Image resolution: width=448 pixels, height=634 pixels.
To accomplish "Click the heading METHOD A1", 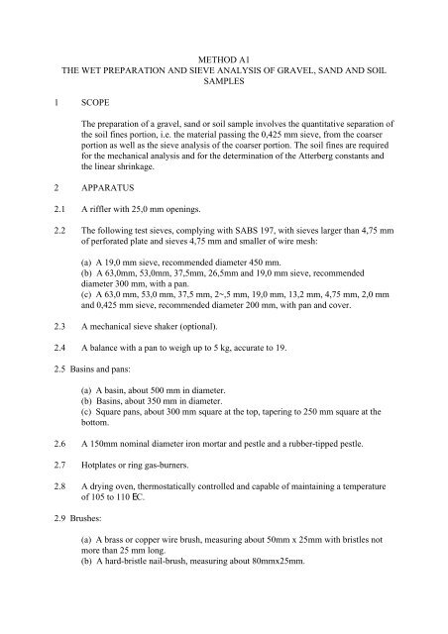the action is [223, 60].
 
